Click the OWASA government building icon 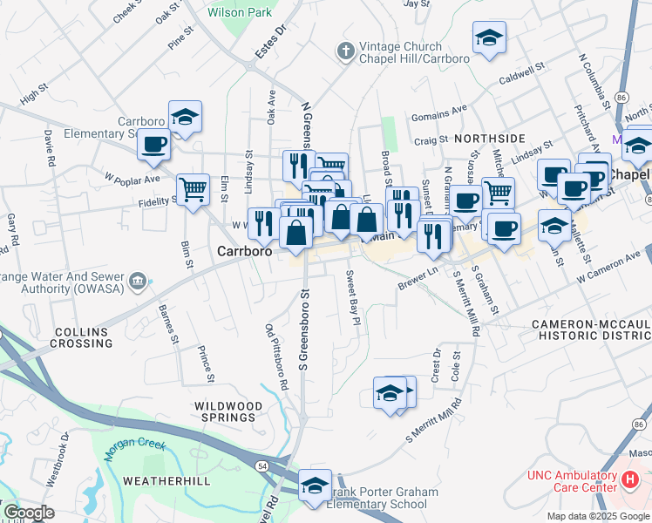(138, 282)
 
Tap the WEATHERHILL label (160, 481)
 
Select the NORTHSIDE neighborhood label (489, 139)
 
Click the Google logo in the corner (28, 513)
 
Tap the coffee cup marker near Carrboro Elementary (154, 145)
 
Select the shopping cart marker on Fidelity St (193, 188)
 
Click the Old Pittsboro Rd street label (276, 356)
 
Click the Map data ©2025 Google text (597, 516)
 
